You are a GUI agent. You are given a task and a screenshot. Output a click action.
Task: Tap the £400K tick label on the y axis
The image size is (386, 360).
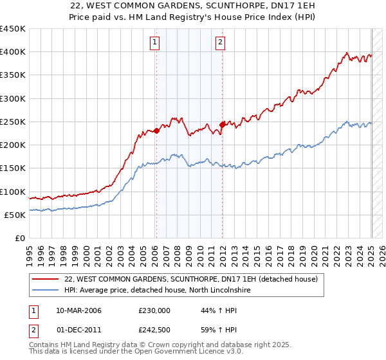[x=13, y=52]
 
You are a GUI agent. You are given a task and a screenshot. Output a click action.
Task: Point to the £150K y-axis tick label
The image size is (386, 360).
[x=13, y=168]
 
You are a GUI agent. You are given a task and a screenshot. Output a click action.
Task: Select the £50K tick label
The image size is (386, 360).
[x=15, y=215]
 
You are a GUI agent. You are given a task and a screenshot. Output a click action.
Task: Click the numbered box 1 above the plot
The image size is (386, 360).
[x=156, y=43]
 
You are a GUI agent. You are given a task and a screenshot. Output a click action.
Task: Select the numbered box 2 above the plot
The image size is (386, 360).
[x=221, y=43]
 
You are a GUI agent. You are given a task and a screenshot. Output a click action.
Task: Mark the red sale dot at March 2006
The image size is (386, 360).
[x=156, y=130]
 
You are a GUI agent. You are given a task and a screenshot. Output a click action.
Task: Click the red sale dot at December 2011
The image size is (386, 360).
[x=222, y=125]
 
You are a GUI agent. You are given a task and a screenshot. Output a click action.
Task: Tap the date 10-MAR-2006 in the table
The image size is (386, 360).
[x=78, y=310]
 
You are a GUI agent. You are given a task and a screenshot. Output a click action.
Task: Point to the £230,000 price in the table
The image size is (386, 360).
[x=154, y=310]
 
